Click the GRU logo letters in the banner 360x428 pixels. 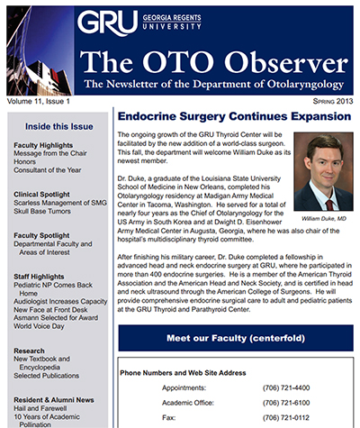(x=107, y=23)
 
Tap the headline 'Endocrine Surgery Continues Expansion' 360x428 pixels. (x=234, y=116)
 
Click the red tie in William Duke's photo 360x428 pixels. (x=329, y=205)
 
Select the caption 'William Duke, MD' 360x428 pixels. (x=324, y=219)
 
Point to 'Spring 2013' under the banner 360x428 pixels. (x=333, y=101)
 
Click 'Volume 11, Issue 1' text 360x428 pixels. (x=39, y=101)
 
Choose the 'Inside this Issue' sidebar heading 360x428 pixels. (x=59, y=126)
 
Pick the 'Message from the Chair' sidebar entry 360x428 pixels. (x=50, y=153)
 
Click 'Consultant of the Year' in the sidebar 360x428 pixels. (x=48, y=170)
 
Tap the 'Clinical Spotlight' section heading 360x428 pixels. (x=41, y=195)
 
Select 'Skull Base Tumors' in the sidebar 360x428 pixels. (x=42, y=211)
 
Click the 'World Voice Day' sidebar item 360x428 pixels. (x=39, y=326)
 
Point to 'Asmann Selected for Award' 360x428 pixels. (x=56, y=318)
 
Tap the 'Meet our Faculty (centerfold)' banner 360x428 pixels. (x=236, y=338)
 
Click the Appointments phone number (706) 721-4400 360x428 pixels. (x=286, y=387)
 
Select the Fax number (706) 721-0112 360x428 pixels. (x=286, y=418)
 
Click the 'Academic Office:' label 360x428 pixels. (x=188, y=403)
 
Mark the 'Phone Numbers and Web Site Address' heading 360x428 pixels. (x=183, y=373)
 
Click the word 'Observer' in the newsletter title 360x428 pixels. (x=286, y=61)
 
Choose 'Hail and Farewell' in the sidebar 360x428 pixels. (x=40, y=408)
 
